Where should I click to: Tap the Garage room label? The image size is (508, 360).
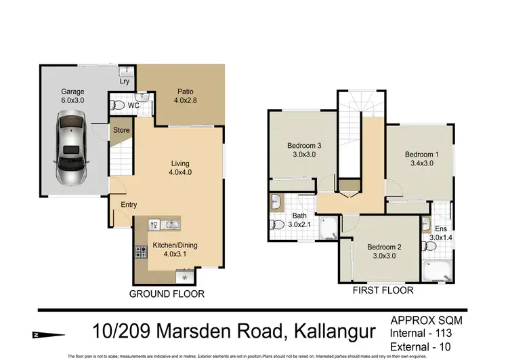click(72, 92)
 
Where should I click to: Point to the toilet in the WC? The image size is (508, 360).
click(118, 106)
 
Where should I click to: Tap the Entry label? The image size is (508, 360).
click(129, 205)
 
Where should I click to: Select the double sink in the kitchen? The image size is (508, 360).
click(163, 225)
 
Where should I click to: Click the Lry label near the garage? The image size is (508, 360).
click(125, 82)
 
